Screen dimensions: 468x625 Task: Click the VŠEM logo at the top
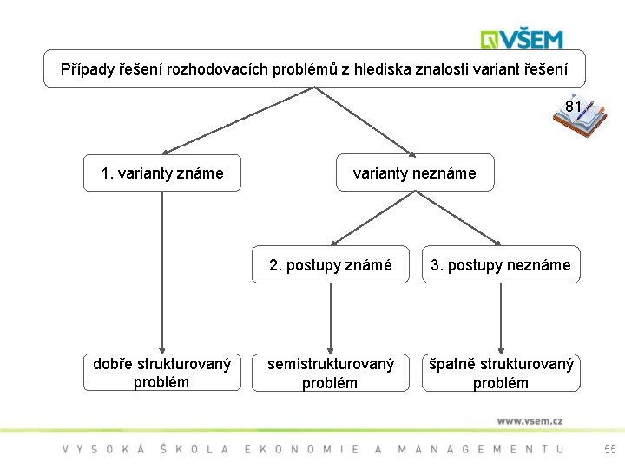click(x=523, y=38)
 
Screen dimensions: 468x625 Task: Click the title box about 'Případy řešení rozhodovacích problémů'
click(x=314, y=68)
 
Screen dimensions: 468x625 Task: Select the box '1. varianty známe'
click(x=162, y=173)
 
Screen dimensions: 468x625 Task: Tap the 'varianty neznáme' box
click(x=414, y=173)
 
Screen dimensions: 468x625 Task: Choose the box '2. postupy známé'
click(x=330, y=265)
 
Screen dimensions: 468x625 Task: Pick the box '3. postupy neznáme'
click(x=501, y=265)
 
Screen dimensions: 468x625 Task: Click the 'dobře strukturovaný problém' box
click(x=162, y=373)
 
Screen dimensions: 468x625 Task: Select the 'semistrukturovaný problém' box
click(x=330, y=373)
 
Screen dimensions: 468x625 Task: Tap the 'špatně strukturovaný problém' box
click(x=501, y=373)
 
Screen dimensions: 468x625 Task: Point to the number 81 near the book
click(x=573, y=107)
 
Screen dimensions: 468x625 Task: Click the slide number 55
click(x=610, y=449)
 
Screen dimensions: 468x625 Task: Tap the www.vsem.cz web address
click(x=530, y=420)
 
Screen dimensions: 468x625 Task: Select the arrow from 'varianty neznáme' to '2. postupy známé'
click(x=373, y=218)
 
